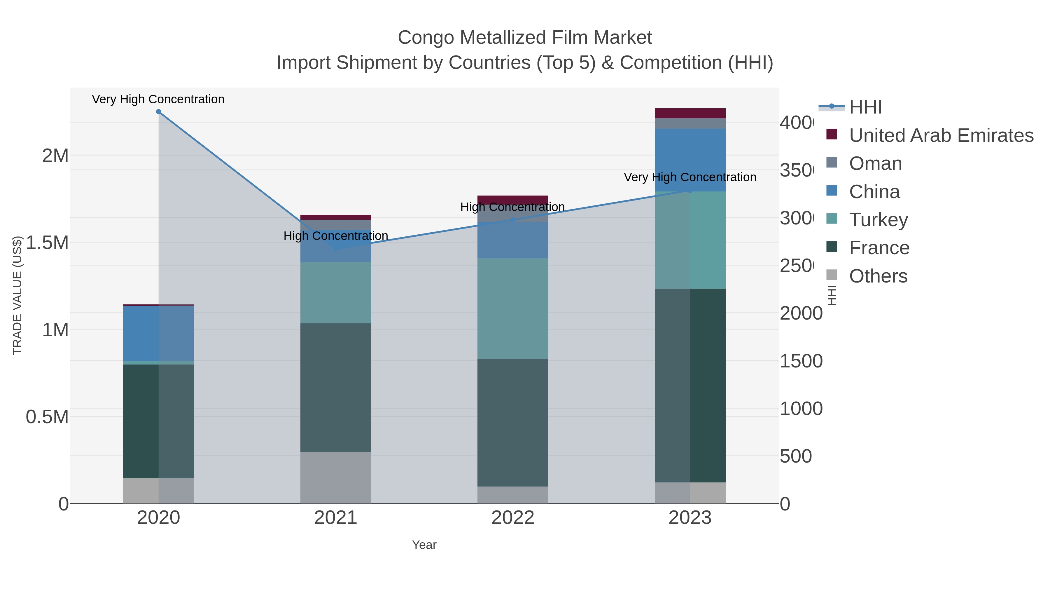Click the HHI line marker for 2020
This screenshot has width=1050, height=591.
coord(159,111)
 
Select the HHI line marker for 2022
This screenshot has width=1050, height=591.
coord(513,220)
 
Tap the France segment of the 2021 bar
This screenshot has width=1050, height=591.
coord(335,388)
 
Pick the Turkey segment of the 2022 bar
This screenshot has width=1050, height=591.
coord(513,308)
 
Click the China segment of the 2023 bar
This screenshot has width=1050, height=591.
coord(690,160)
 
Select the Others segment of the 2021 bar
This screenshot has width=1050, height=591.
coord(335,477)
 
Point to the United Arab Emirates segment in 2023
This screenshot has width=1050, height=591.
coord(690,113)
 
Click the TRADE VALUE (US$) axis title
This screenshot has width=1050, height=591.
coord(17,295)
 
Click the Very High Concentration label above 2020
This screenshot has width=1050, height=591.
coord(158,99)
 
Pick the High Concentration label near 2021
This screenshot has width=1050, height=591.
coord(335,236)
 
